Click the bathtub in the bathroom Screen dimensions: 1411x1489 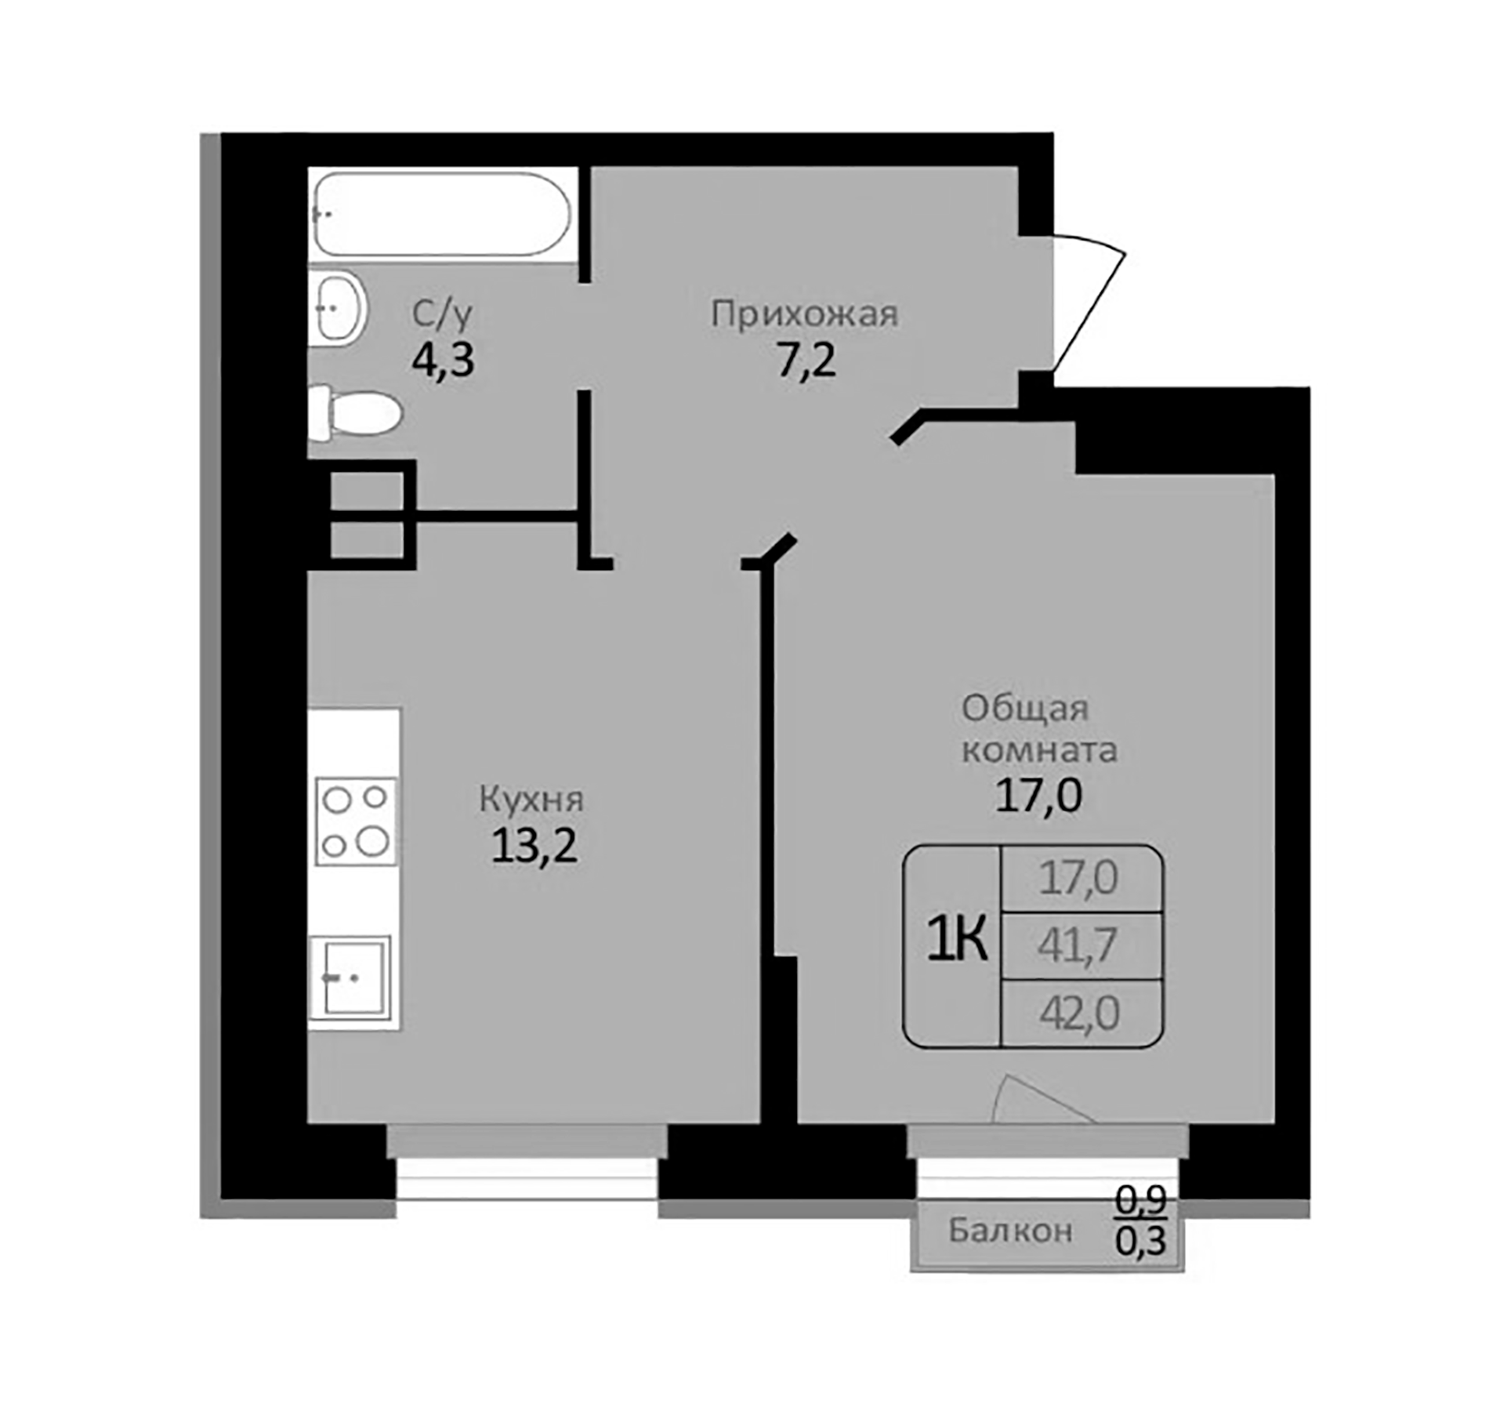pos(441,214)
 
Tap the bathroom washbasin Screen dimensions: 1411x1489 pos(337,308)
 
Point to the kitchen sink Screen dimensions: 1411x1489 pos(350,978)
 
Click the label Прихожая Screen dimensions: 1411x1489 pos(804,314)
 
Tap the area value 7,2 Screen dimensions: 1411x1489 pos(806,361)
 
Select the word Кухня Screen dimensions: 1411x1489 pos(531,800)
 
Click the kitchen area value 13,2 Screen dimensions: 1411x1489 pos(534,847)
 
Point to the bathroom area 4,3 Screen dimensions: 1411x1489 pos(443,361)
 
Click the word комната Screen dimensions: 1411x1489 pos(1039,750)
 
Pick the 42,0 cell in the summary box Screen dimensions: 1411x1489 pos(1079,1013)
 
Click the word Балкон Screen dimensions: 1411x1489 pos(1010,1231)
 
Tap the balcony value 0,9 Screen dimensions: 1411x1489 pos(1142,1199)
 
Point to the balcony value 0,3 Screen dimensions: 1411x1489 pos(1142,1240)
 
